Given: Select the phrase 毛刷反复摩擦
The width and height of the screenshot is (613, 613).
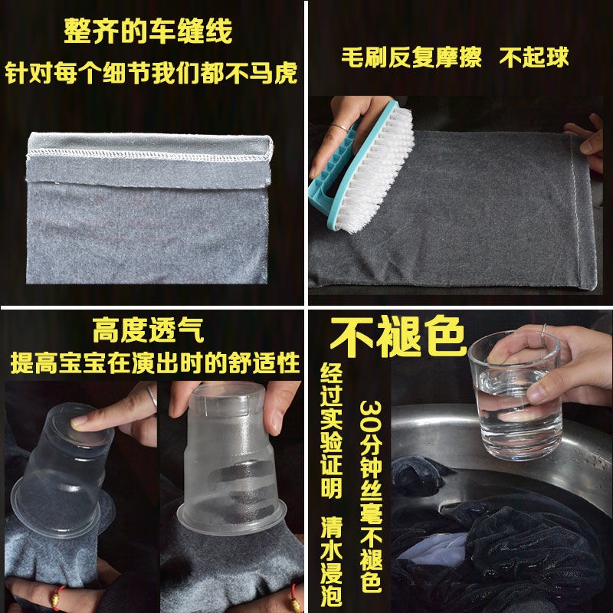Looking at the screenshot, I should (410, 57).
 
